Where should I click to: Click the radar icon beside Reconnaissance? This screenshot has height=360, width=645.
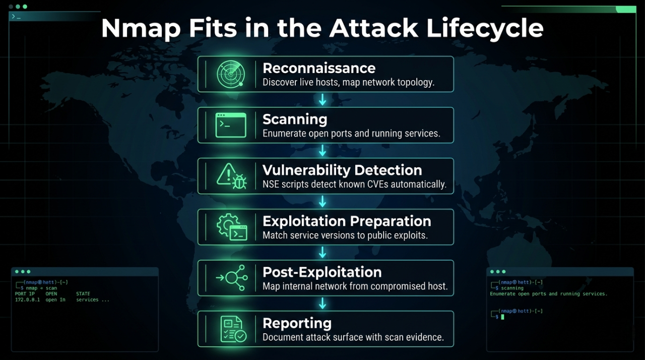pos(231,74)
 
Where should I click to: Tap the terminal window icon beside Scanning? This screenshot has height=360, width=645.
pos(231,125)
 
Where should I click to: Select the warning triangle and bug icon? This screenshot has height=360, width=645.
pos(231,176)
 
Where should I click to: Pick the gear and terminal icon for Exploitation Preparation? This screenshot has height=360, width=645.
pos(231,227)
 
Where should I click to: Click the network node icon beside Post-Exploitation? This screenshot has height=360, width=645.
pos(231,278)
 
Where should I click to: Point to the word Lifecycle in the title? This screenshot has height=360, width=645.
pos(485,28)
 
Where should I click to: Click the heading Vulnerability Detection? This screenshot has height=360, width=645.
pos(342,170)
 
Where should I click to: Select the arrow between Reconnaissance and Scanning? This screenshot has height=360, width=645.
pos(322,100)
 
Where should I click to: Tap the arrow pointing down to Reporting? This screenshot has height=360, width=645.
pos(322,304)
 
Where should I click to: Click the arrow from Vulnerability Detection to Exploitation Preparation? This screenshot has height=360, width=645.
pos(322,202)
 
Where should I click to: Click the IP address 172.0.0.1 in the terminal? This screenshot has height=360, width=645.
pos(27,300)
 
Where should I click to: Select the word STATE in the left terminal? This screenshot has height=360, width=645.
pos(83,294)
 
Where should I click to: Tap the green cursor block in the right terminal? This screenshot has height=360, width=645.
pos(502,317)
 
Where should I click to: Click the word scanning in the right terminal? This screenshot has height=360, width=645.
pos(511,288)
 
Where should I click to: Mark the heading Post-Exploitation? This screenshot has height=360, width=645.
pos(322,272)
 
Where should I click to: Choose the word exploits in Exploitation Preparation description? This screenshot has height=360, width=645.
pos(410,235)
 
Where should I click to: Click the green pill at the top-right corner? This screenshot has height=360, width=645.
pos(626,9)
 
